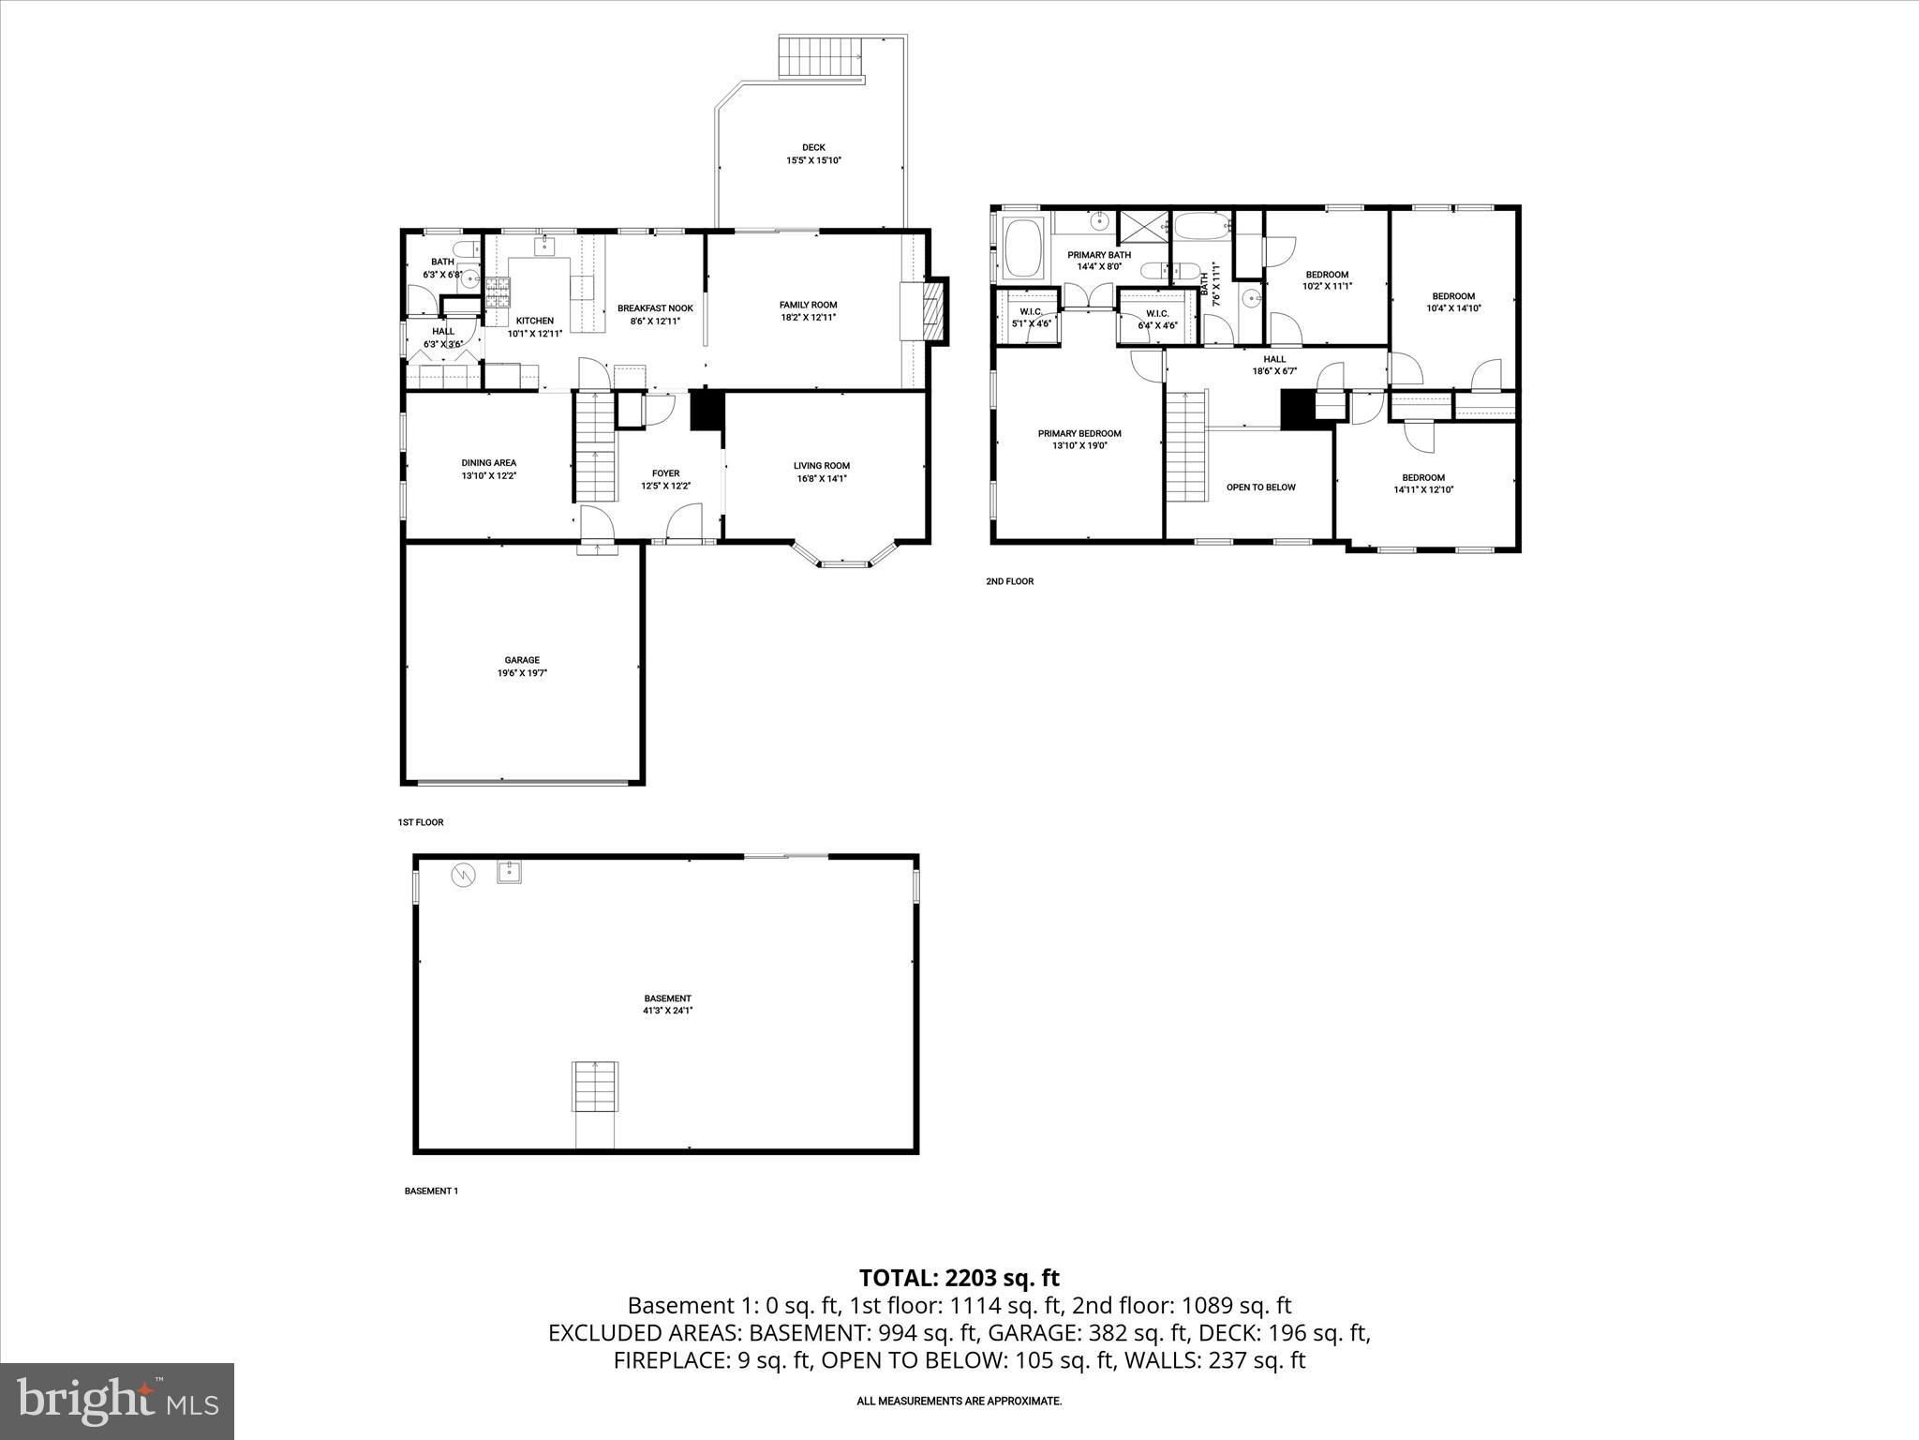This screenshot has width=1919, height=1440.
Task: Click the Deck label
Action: click(813, 148)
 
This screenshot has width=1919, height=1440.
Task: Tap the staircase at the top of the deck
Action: click(822, 59)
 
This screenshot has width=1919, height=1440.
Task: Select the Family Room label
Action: click(808, 305)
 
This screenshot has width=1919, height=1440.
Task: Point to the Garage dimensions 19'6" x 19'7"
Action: click(522, 673)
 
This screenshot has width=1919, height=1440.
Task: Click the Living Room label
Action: click(821, 466)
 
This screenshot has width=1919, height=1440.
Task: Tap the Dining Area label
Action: click(488, 463)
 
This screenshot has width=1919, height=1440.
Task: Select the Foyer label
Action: click(665, 473)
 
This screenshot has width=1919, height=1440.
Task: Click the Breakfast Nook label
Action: click(655, 308)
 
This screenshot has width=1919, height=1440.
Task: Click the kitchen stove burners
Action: click(498, 293)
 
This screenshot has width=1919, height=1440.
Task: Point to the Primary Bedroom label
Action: click(1079, 434)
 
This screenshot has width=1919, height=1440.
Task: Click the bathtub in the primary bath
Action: click(1023, 248)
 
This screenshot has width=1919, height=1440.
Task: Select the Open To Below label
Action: click(1260, 487)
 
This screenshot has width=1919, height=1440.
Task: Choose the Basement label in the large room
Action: click(667, 998)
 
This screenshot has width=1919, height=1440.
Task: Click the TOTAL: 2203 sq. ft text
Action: click(959, 1278)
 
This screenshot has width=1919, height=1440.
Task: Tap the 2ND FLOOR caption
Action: click(1009, 581)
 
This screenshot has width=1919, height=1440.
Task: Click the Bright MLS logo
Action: click(117, 1402)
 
